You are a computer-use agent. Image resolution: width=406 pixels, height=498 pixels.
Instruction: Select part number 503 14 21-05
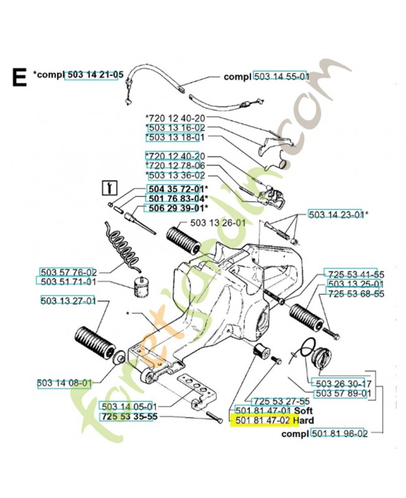click(x=90, y=75)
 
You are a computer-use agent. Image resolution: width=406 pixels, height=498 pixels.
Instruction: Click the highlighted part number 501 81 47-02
click(x=262, y=420)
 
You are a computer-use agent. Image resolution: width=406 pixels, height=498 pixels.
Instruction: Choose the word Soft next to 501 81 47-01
click(x=304, y=411)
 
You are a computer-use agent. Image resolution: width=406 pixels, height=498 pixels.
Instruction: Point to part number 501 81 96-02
click(x=339, y=433)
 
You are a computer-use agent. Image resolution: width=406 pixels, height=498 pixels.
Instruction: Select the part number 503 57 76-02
click(x=68, y=272)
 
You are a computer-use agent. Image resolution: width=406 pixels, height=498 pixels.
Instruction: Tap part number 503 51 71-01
click(x=68, y=282)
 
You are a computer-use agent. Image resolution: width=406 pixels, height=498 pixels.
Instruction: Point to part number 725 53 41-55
click(x=356, y=274)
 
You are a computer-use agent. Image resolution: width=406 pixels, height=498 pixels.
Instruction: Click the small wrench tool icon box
click(x=110, y=187)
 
